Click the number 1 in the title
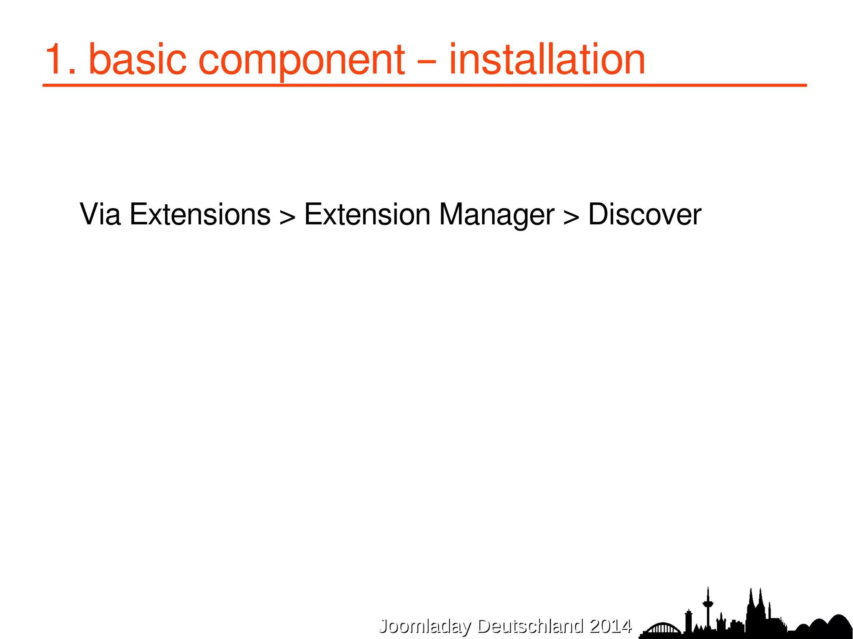(56, 60)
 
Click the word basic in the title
(137, 60)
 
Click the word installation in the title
(547, 60)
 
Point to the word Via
(100, 215)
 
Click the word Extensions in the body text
(200, 215)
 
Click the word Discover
(644, 215)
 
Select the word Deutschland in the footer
(530, 626)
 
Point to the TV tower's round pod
(708, 603)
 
